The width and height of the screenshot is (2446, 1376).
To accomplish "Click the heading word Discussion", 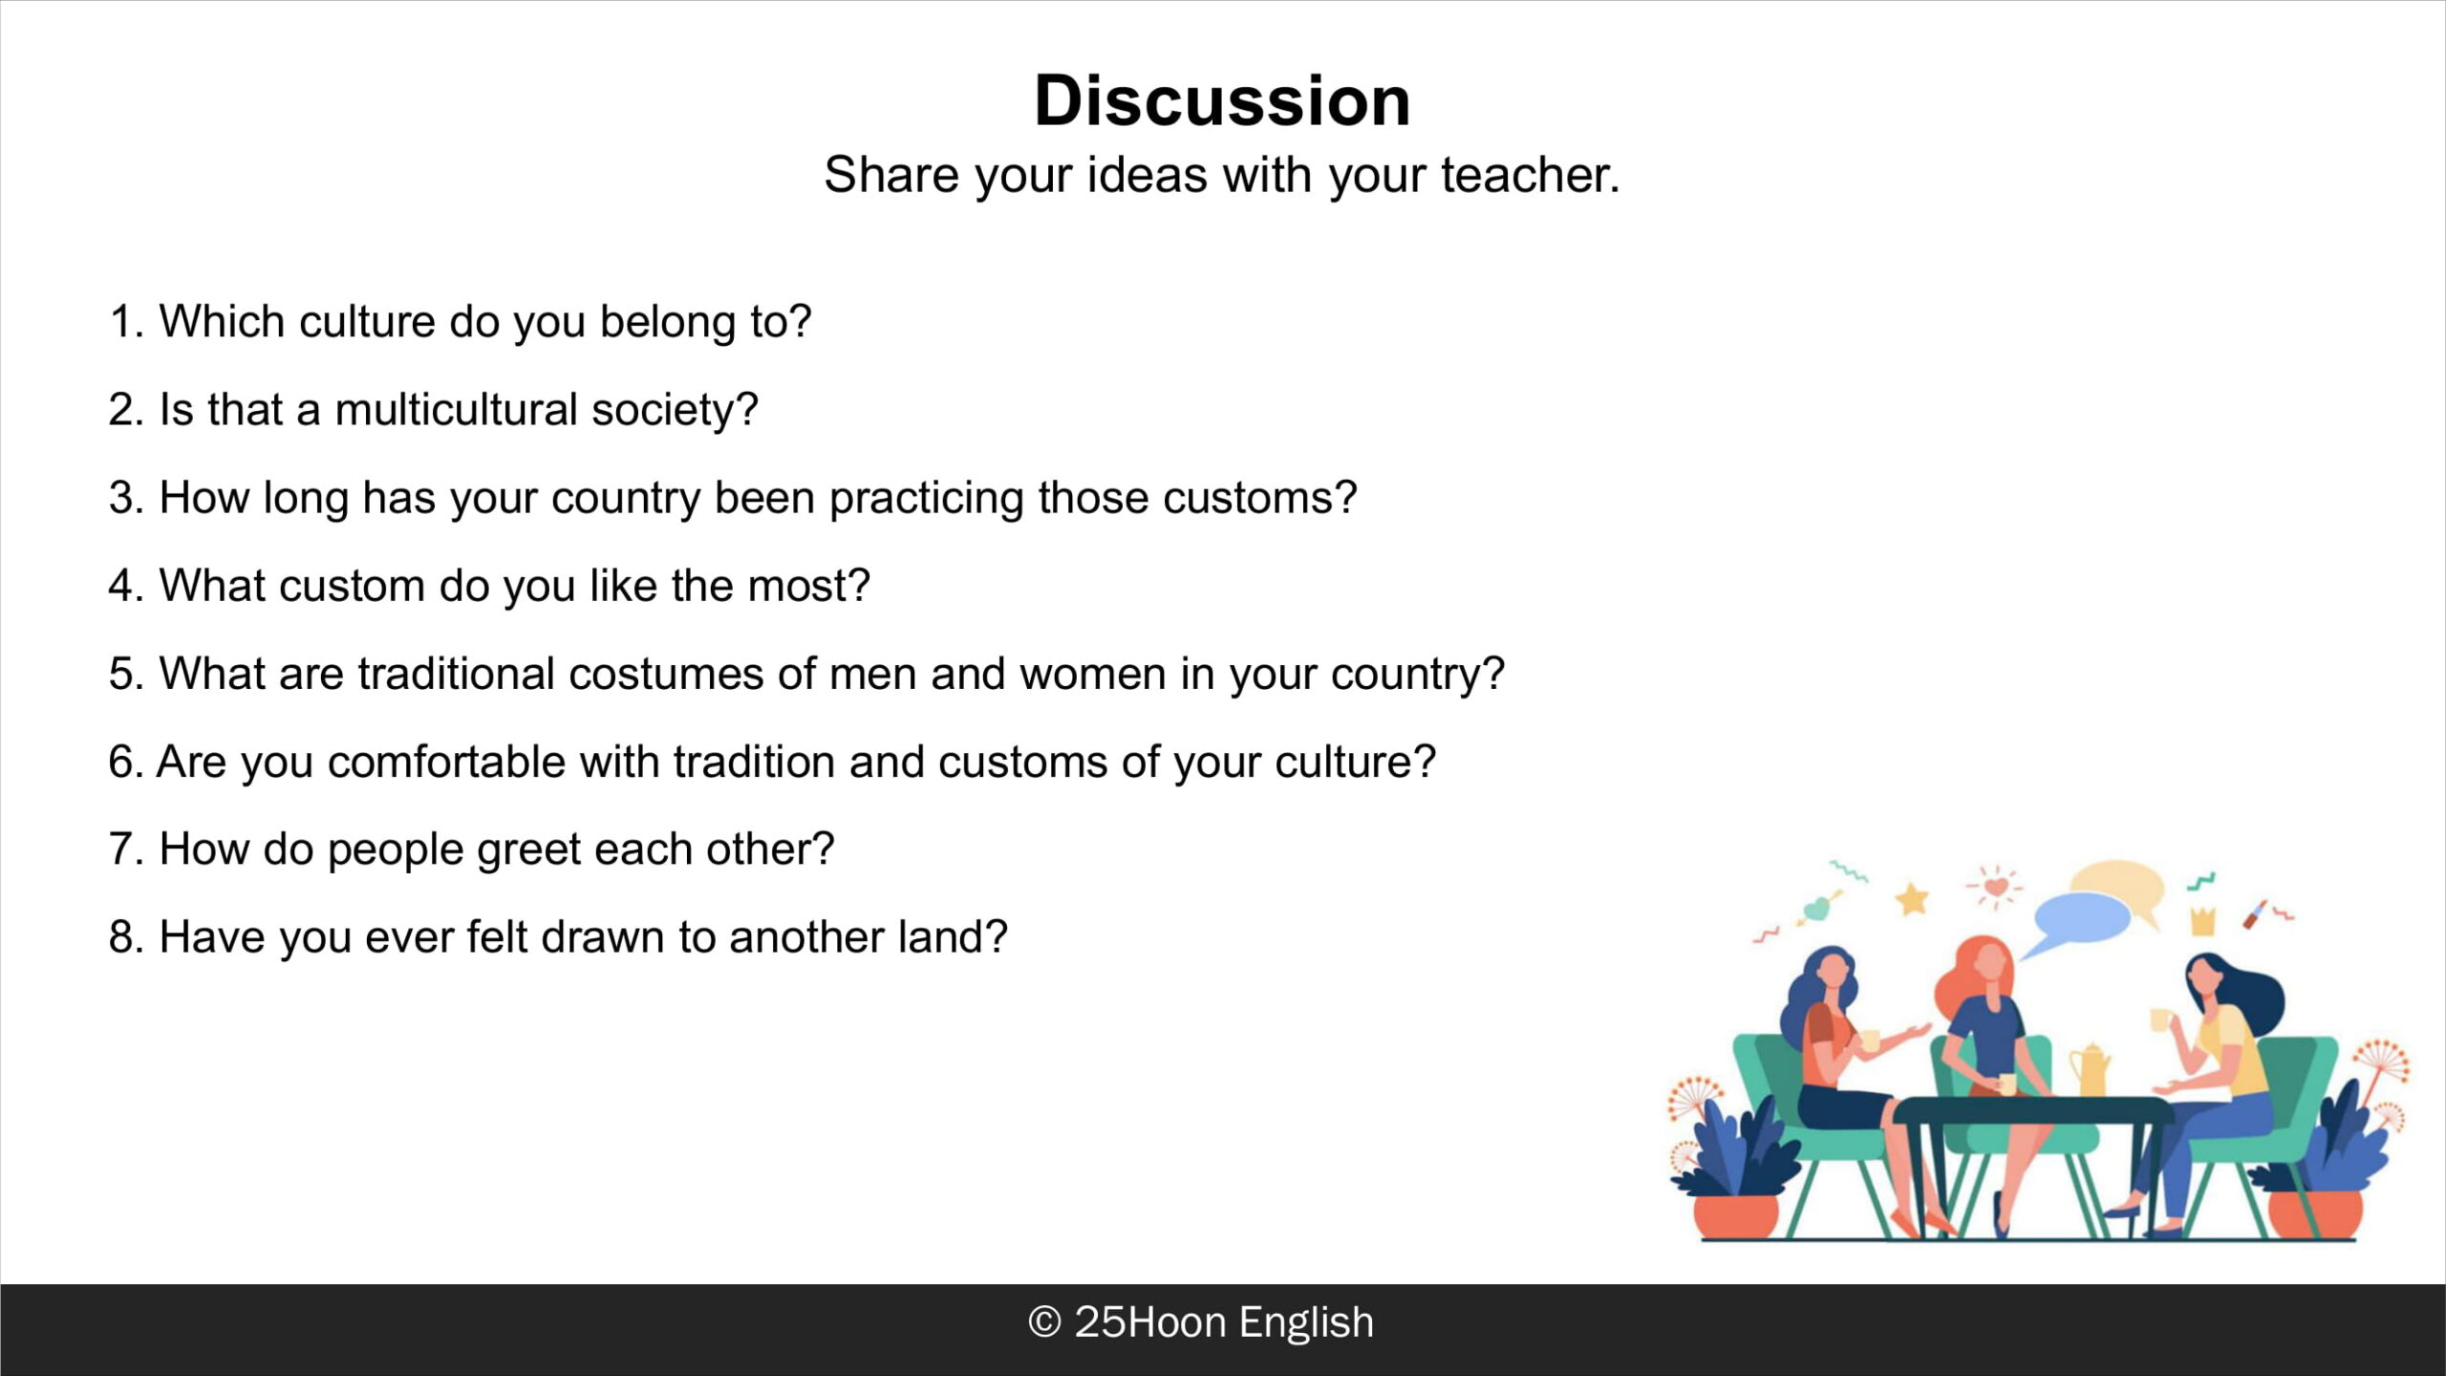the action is (1222, 100).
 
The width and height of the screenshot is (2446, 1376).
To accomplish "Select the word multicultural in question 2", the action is (456, 409).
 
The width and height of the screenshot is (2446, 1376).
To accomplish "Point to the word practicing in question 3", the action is (926, 499).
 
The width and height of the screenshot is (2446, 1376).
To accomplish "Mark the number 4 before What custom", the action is (120, 586).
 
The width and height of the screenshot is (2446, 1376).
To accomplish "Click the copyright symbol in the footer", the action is (1044, 1322).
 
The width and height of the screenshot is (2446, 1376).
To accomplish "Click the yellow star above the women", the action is (1912, 898).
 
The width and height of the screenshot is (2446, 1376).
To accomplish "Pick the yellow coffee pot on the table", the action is (2090, 1070).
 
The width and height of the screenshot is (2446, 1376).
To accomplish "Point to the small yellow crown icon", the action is (2202, 921).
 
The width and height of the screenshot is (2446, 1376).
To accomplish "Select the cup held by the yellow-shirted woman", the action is (2160, 1020).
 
